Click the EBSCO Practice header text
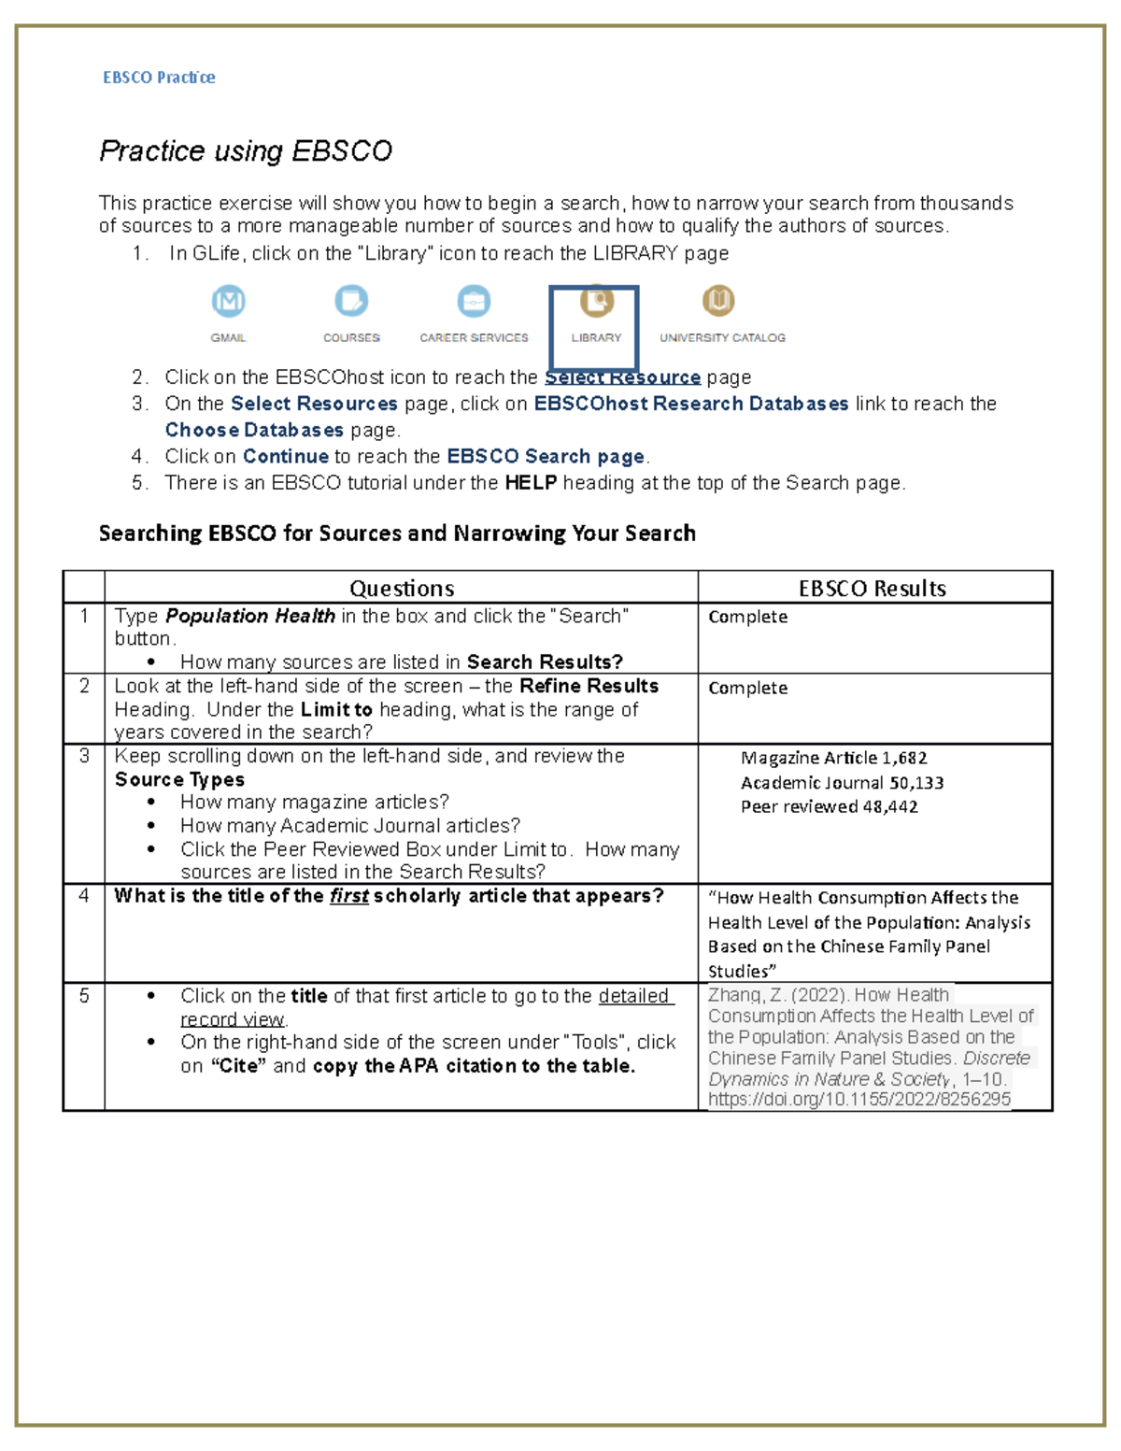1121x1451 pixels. tap(159, 78)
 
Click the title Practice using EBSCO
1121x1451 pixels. tap(246, 150)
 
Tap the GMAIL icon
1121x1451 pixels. tap(228, 302)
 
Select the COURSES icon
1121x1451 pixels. tap(351, 302)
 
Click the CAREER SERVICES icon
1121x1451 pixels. tap(474, 302)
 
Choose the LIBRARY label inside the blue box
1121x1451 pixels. tap(596, 337)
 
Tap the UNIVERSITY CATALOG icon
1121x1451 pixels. tap(718, 301)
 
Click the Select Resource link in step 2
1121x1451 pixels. tap(623, 377)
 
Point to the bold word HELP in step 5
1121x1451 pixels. tap(531, 483)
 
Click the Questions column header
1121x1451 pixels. tap(402, 588)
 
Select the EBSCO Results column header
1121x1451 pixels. tap(872, 588)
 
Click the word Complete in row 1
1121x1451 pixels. tap(747, 617)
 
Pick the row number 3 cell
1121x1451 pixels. tap(84, 756)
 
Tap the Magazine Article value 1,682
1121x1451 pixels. tap(904, 758)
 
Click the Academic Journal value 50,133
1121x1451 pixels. tap(916, 783)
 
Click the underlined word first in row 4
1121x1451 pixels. tap(348, 896)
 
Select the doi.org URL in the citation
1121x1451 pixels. tap(858, 1100)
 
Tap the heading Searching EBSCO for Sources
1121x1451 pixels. tap(397, 533)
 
